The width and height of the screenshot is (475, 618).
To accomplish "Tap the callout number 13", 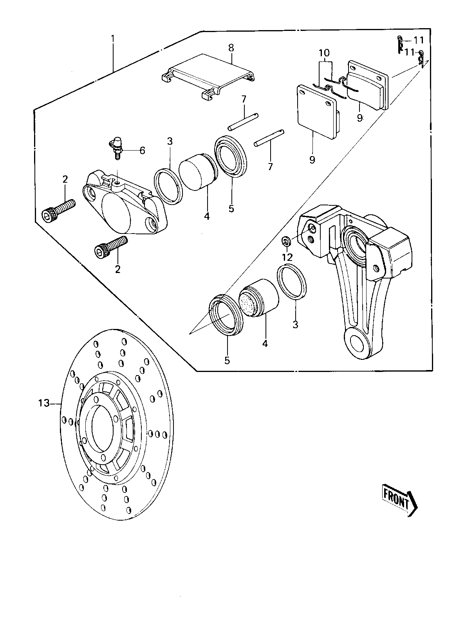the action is [x=44, y=403].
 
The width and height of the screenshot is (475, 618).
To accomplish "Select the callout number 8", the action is [x=231, y=48].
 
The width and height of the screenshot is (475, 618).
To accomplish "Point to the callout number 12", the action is [x=287, y=257].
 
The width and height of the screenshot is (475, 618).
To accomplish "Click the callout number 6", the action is [x=142, y=150].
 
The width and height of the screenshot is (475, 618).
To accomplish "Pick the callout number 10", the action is [x=324, y=53].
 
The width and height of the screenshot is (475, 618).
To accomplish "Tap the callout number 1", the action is [x=113, y=38].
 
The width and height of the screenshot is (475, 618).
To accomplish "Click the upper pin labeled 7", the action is [x=243, y=122].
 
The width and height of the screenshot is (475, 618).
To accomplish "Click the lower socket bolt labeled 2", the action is [x=111, y=247].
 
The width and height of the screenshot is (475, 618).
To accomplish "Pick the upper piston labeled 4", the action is [x=198, y=172].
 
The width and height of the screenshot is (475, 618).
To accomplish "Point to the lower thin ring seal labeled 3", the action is [x=292, y=282].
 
